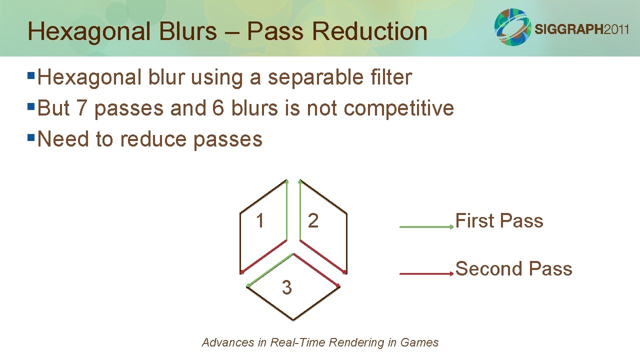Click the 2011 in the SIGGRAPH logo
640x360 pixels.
pyautogui.click(x=616, y=29)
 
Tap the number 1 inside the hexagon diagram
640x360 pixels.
pyautogui.click(x=259, y=220)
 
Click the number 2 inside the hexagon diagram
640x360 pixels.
pyautogui.click(x=313, y=220)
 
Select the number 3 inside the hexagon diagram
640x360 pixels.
pyautogui.click(x=286, y=287)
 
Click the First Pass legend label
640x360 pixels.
pyautogui.click(x=499, y=220)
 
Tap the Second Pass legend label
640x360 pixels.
pyautogui.click(x=513, y=268)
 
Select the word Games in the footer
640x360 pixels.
pyautogui.click(x=423, y=342)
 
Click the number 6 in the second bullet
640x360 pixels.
pyautogui.click(x=218, y=108)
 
